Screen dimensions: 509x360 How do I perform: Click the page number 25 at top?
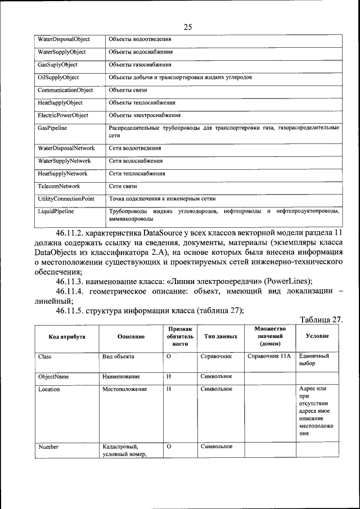click(187, 26)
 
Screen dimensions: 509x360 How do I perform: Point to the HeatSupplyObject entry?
click(60, 103)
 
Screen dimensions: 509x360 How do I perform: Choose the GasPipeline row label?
click(53, 128)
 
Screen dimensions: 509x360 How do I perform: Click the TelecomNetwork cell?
click(59, 186)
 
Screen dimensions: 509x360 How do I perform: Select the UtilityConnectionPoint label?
click(66, 199)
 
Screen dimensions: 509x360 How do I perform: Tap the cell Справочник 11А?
click(269, 356)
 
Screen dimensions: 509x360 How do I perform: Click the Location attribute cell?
click(49, 389)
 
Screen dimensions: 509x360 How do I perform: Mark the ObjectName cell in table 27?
click(53, 376)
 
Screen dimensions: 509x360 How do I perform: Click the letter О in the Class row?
click(169, 357)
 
